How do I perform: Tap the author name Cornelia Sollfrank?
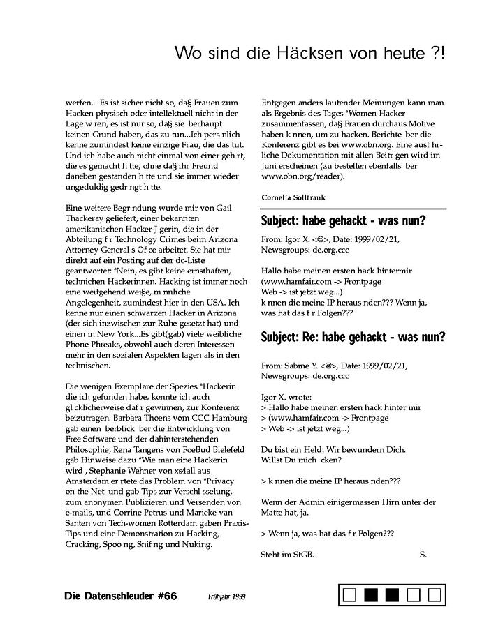click(x=293, y=197)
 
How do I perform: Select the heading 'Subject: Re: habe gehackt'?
click(x=353, y=337)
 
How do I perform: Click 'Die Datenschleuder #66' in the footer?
click(x=120, y=596)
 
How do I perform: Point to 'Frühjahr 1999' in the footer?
click(x=226, y=597)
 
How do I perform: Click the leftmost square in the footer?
click(x=351, y=595)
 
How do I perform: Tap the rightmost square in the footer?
click(x=435, y=595)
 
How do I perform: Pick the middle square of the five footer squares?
click(x=393, y=595)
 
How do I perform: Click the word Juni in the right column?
click(x=271, y=165)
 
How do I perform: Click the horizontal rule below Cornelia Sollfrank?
click(x=353, y=209)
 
